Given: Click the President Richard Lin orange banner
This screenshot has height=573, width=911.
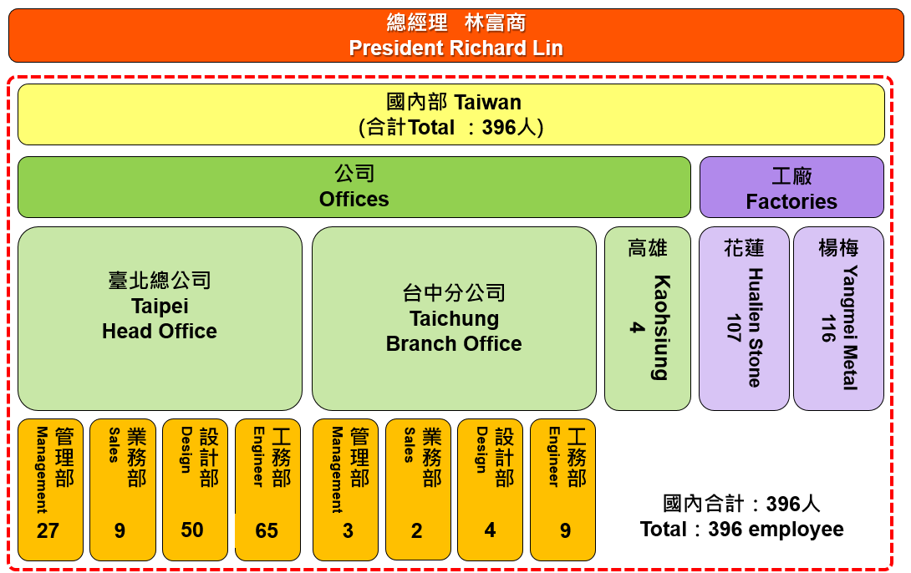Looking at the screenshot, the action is click(x=456, y=35).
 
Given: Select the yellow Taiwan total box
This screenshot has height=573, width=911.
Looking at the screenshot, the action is click(x=450, y=114).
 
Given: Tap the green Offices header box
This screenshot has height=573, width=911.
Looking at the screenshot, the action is click(x=354, y=187).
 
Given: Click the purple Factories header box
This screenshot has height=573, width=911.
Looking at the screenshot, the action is click(x=791, y=187).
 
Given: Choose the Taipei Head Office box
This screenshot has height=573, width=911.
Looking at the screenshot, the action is click(x=160, y=319).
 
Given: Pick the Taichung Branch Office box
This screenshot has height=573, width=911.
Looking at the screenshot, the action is click(x=454, y=319).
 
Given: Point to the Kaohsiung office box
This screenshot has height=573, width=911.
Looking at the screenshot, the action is click(x=647, y=319).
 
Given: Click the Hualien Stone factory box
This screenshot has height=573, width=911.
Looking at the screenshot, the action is click(x=744, y=319).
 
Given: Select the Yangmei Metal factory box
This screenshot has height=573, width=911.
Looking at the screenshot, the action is click(x=838, y=319).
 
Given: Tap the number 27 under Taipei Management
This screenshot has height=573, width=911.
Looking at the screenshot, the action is click(x=48, y=530).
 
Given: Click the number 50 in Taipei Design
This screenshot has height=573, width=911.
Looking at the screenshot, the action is click(x=192, y=530).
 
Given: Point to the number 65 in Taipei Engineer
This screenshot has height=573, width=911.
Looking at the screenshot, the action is click(x=267, y=530).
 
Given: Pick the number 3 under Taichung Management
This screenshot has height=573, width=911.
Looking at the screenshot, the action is click(x=348, y=530).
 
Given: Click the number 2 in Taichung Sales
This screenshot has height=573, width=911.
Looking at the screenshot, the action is click(x=416, y=530).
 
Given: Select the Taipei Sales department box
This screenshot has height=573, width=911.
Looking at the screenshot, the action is click(x=123, y=489).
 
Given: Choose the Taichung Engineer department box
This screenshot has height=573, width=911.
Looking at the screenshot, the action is click(x=563, y=489).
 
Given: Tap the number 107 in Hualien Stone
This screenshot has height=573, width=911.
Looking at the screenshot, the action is click(x=734, y=328).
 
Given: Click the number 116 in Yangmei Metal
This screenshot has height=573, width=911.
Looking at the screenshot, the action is click(x=828, y=328).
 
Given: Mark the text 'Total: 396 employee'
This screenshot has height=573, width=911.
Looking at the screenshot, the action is click(x=742, y=530).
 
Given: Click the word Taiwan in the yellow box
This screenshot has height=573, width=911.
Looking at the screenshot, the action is click(x=487, y=102).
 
